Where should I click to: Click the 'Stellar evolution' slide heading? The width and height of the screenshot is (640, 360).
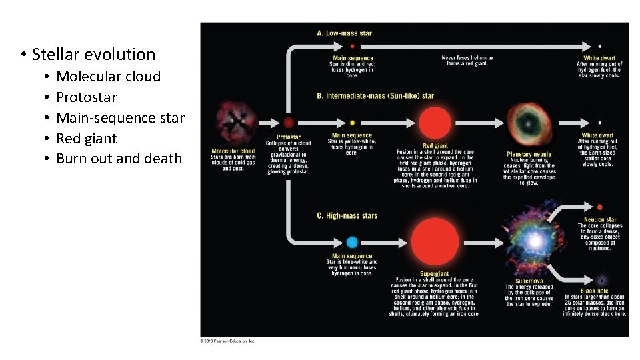(x=93, y=55)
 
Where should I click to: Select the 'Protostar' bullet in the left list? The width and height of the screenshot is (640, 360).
(x=86, y=97)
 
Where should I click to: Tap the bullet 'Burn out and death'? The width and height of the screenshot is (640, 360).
(x=119, y=159)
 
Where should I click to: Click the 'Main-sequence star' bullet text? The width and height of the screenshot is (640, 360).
(x=120, y=118)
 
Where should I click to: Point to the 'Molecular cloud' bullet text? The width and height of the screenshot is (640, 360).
(x=108, y=77)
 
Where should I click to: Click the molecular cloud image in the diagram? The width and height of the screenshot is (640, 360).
(x=233, y=124)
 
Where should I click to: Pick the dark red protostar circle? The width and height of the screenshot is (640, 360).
(x=288, y=123)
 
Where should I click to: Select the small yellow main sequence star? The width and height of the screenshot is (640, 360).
(x=352, y=123)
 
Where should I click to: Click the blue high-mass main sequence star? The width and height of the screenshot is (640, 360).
(x=352, y=243)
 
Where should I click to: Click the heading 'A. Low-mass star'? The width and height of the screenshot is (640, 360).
(x=345, y=33)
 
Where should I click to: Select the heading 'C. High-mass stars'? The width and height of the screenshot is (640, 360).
(x=347, y=215)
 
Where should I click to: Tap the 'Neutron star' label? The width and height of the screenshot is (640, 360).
(x=600, y=219)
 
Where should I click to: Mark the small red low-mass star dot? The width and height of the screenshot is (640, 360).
(x=352, y=46)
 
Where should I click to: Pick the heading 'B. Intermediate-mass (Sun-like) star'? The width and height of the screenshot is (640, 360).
(x=375, y=95)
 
